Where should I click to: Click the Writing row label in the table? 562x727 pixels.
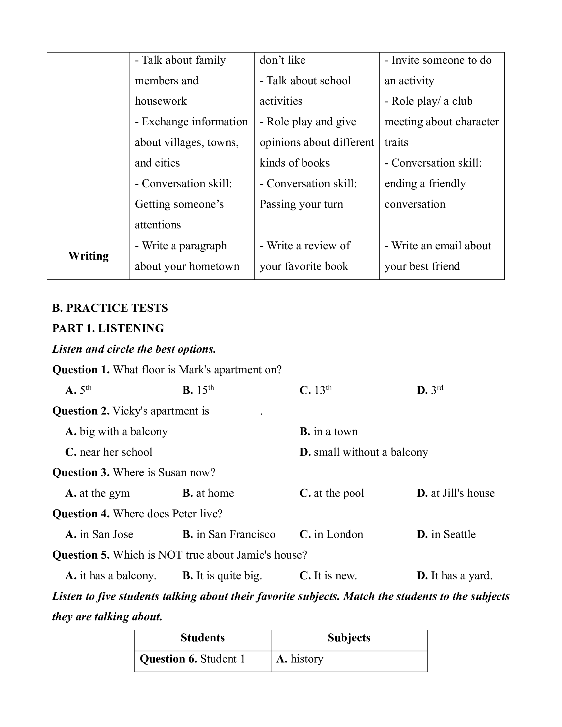tap(89, 256)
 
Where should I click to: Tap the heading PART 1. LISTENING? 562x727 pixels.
tap(108, 329)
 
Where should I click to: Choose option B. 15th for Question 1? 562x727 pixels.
tap(198, 390)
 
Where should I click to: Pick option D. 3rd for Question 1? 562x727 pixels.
tap(430, 390)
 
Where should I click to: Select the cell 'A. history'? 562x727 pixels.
tap(300, 659)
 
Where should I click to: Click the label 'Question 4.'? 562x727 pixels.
tap(81, 514)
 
